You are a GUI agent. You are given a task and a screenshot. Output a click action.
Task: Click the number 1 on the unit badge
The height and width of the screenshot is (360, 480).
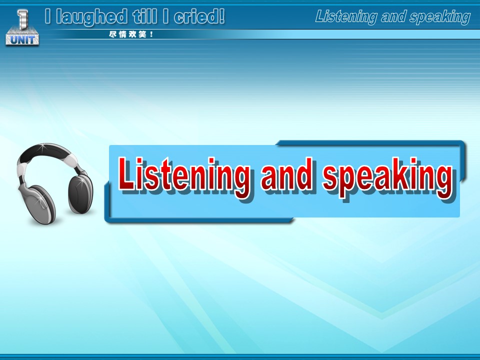pos(22,19)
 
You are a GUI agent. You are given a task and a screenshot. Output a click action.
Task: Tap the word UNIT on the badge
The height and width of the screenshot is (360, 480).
pos(22,39)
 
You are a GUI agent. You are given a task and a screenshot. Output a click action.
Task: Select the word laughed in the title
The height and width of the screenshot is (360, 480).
pos(91,17)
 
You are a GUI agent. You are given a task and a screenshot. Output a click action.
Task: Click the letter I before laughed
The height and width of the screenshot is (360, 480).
pos(47,16)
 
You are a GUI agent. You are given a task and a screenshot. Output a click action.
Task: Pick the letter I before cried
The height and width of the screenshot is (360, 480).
pos(165,16)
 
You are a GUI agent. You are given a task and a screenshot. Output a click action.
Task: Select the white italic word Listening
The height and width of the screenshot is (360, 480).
pos(346,17)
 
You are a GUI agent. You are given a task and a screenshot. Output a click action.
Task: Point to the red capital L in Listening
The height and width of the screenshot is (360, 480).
pos(126,173)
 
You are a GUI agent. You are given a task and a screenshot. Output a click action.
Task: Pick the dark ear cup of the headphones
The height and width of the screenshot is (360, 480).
pos(80,194)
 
